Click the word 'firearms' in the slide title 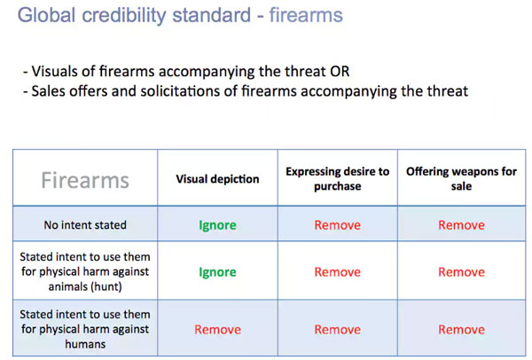[x=306, y=15]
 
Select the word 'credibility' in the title [x=124, y=16]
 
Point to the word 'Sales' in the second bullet [x=48, y=91]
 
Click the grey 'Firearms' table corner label [x=85, y=180]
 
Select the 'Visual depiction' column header [x=217, y=179]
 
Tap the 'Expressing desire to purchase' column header [x=337, y=179]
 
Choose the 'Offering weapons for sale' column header [x=461, y=179]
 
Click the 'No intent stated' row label [x=85, y=224]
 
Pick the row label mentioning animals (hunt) [x=85, y=271]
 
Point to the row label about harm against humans [x=85, y=329]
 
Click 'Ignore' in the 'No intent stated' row [x=217, y=225]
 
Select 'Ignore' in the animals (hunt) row [x=217, y=272]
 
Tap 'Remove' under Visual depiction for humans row [x=217, y=330]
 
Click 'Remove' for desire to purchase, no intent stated [x=337, y=225]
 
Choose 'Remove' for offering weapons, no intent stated [x=461, y=225]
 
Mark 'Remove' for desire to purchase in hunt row [x=337, y=272]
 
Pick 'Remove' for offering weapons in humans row [x=461, y=330]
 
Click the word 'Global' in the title [x=46, y=15]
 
